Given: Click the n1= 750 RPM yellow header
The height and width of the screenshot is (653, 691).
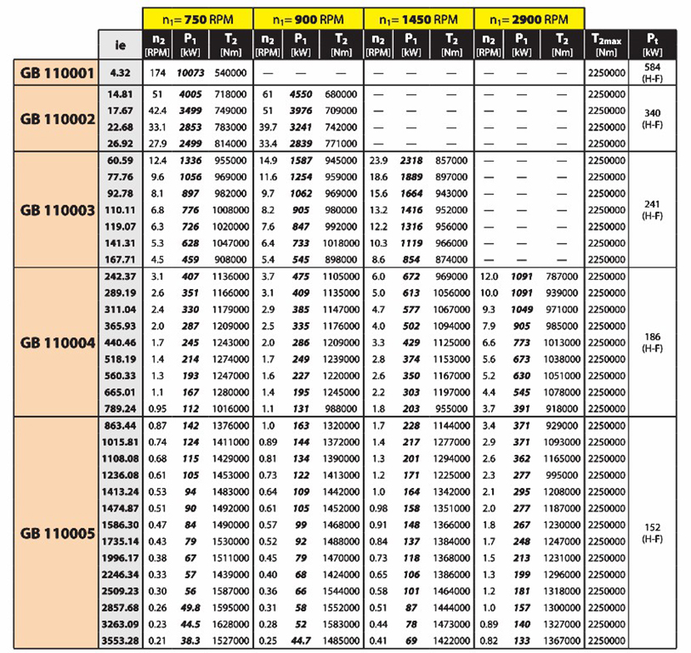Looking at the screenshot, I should pos(196,17).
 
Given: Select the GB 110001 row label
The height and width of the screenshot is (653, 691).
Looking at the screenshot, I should pos(56,73).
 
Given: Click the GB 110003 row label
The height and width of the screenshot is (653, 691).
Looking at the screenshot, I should pos(56,209).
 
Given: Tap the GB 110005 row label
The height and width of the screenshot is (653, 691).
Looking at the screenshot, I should pos(56,533).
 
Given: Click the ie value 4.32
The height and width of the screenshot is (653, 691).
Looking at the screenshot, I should pos(117,73).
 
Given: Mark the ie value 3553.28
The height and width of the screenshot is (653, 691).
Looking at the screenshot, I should pos(117,640).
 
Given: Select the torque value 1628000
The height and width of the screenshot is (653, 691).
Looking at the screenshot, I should pos(229,624).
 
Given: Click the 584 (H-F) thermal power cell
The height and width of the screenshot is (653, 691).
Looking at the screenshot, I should pos(654,72).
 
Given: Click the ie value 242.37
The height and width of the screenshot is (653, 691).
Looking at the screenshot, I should pos(117,275).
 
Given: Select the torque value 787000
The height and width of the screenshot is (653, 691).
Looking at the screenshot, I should pos(562,275).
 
